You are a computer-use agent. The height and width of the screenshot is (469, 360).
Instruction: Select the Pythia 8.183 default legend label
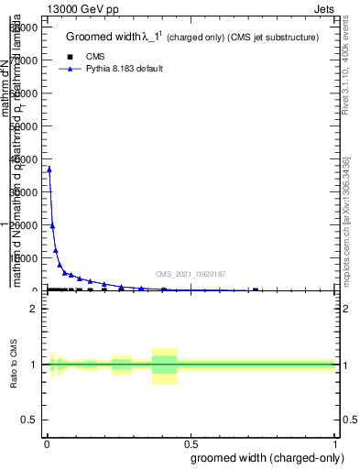pos(125,69)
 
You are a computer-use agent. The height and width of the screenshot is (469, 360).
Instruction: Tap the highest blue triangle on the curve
pos(49,169)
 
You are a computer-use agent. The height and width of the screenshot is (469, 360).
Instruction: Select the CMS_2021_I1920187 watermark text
pos(191,274)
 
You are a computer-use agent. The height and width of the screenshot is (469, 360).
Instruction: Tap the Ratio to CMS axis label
pos(15,364)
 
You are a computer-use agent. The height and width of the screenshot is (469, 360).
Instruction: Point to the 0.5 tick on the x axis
pos(191,445)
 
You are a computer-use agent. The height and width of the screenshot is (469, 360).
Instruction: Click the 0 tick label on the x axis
pos(47,445)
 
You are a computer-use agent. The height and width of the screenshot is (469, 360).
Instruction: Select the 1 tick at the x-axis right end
pos(335,445)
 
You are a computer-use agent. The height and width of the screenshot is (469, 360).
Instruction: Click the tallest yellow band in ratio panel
pos(164,365)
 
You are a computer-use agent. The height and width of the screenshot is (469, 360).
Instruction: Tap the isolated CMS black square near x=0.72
pos(255,289)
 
